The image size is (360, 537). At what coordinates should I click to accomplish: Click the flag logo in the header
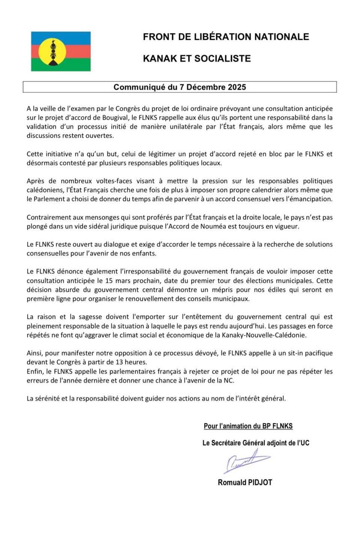click(x=61, y=51)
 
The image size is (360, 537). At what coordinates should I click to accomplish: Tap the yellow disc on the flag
click(x=52, y=52)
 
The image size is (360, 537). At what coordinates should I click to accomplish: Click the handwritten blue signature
click(x=247, y=462)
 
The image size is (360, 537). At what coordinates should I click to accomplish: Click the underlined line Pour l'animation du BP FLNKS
click(x=248, y=426)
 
